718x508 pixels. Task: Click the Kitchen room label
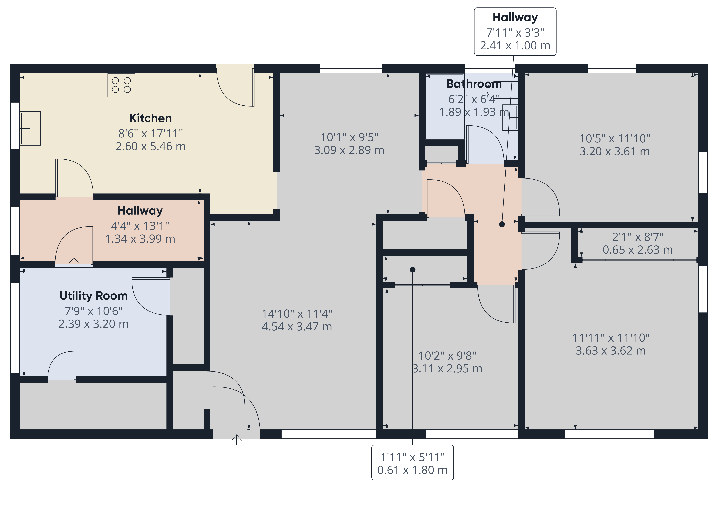150,118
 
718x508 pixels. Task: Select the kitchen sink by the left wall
30,128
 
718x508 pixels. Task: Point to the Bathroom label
474,84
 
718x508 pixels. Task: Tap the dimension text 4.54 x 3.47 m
297,326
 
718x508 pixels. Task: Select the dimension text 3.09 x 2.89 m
349,150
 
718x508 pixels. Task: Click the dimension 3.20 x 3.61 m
615,151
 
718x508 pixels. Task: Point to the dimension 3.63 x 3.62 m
611,351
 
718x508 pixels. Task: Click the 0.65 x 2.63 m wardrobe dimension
638,250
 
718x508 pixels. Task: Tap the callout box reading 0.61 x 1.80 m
413,463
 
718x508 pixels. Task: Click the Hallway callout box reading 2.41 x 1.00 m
515,32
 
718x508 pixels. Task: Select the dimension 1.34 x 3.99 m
140,239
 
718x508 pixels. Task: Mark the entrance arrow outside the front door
236,439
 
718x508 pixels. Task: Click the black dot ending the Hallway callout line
502,224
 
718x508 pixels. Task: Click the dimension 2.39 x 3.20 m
94,324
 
